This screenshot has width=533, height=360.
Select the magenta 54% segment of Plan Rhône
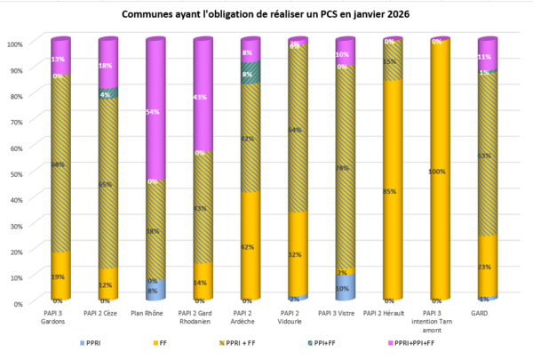point(155,111)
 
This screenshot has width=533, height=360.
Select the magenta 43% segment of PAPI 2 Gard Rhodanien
point(202,98)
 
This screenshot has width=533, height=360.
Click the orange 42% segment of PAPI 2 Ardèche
point(249,246)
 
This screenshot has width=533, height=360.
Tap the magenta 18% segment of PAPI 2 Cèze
point(107,67)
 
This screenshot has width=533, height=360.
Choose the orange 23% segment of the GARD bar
point(486,267)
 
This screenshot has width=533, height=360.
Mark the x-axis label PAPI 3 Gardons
point(60,316)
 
